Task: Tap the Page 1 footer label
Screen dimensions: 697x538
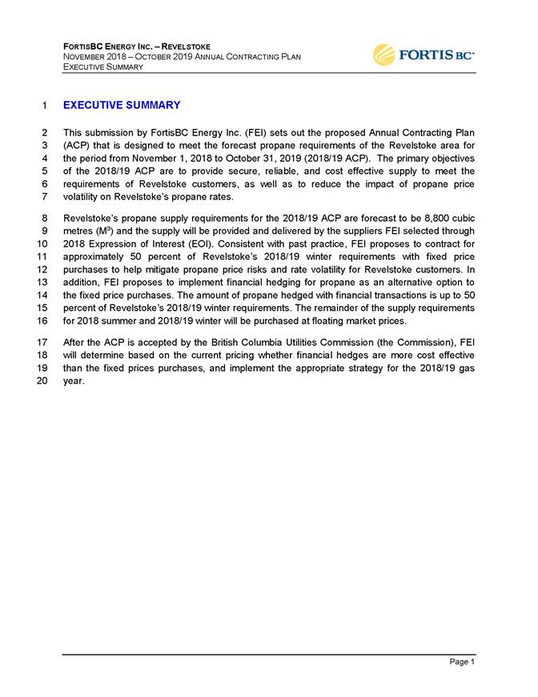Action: pyautogui.click(x=461, y=663)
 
